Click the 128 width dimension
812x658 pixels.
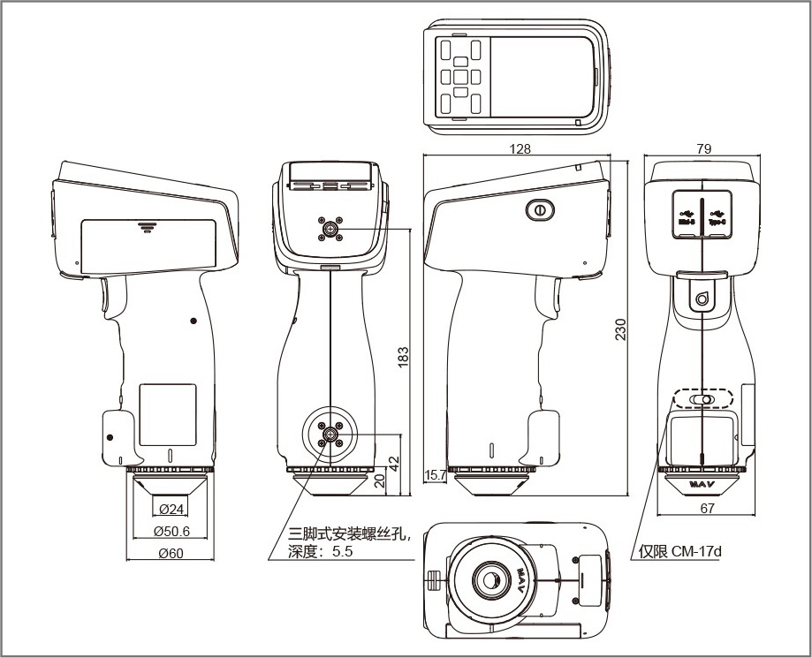(x=521, y=149)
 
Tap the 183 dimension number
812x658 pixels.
(x=404, y=356)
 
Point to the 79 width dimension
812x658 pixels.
(x=703, y=149)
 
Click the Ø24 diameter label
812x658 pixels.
(x=172, y=509)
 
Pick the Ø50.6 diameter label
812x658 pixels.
(x=172, y=531)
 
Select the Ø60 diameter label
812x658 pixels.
(x=172, y=554)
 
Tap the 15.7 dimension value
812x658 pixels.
(x=435, y=475)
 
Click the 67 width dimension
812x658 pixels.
(x=707, y=508)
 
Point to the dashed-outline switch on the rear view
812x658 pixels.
(x=702, y=399)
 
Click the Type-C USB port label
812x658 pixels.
(x=717, y=217)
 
